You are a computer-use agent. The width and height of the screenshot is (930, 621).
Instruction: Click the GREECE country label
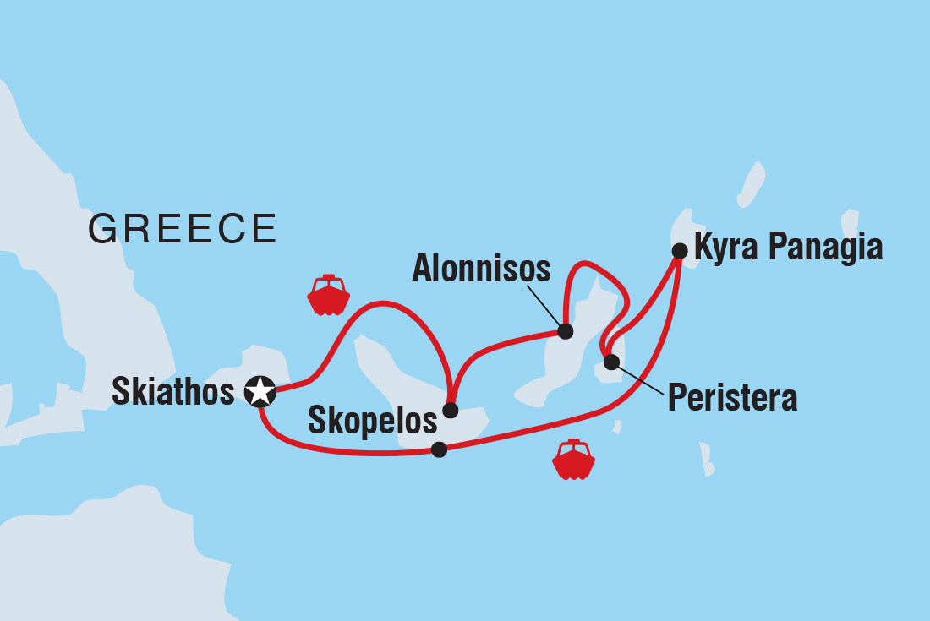pos(183,228)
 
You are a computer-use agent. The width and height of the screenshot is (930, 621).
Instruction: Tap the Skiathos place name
pos(172,391)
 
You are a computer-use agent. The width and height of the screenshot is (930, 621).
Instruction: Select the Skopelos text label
pos(372,421)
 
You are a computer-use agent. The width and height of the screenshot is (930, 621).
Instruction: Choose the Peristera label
pos(732,398)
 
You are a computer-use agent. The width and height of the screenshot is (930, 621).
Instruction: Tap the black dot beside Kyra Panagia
pos(679,250)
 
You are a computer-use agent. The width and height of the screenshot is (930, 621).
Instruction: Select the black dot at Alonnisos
pos(565,331)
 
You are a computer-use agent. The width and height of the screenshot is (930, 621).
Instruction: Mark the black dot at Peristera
pos(611,363)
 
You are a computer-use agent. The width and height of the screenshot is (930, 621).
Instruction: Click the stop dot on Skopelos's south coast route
pos(439,449)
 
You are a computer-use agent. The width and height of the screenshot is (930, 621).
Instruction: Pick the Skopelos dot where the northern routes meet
pos(451,411)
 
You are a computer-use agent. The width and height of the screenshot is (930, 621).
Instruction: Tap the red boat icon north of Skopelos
pos(328,295)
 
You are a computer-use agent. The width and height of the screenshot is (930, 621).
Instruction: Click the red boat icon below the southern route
pos(573,460)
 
